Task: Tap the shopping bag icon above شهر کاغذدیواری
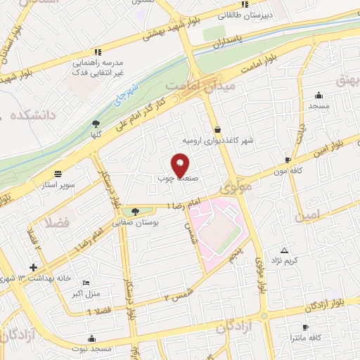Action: (x=218, y=129)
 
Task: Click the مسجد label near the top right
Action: (x=319, y=105)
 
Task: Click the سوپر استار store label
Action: (x=58, y=184)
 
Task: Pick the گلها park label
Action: (x=96, y=134)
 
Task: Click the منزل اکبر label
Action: (x=87, y=293)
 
